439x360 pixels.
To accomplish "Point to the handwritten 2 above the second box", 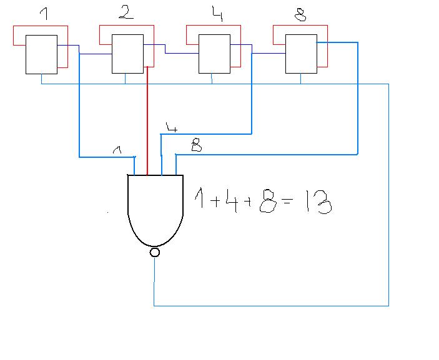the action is [126, 12].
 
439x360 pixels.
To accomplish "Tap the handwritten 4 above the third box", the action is [217, 14].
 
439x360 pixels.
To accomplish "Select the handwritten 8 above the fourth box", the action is [301, 15].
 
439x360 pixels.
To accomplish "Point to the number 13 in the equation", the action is [318, 202].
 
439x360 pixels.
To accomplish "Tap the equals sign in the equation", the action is [288, 201].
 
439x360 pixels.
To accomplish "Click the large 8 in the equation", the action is [268, 201].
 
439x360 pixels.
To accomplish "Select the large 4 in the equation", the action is [233, 200].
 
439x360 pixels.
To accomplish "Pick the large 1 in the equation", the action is [199, 198].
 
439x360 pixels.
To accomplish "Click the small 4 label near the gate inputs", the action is [172, 127].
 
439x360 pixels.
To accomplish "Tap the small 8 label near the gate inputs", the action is [197, 146].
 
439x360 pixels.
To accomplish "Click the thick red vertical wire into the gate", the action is [147, 121].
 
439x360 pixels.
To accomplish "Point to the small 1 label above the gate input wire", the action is [117, 150].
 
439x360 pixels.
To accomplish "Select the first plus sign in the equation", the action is [215, 202].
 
